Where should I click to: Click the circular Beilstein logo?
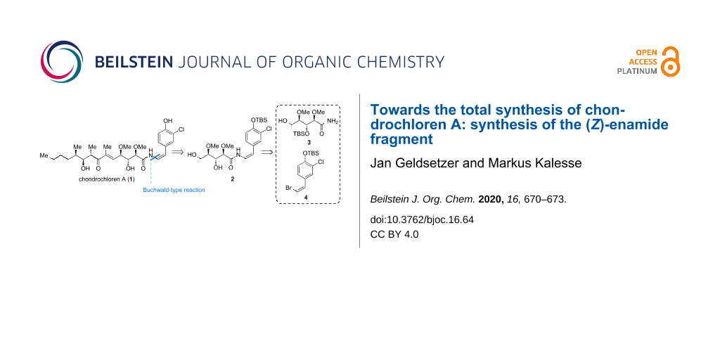(62, 62)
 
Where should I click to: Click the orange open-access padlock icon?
(671, 62)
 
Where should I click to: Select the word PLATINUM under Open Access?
(637, 71)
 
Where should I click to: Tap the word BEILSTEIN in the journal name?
(134, 62)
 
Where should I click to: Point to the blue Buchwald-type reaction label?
(174, 190)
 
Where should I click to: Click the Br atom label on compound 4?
(284, 188)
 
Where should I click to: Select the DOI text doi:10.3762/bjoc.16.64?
(422, 219)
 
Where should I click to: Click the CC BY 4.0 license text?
(394, 234)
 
